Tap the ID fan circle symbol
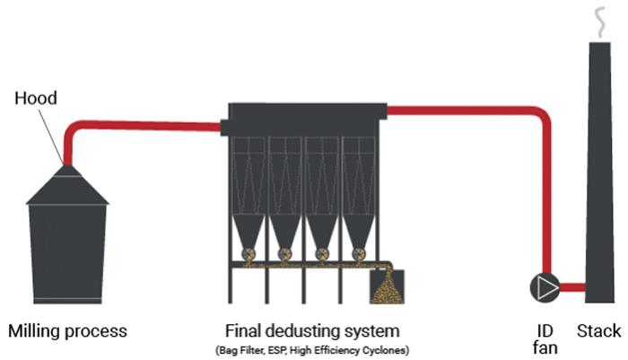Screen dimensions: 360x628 [545, 286]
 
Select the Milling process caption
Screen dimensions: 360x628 [68, 331]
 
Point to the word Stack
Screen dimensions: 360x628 [598, 331]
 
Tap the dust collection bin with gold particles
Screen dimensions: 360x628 [387, 286]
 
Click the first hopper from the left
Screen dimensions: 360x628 [249, 238]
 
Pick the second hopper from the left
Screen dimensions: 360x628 [285, 238]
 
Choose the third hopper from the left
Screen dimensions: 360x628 [323, 238]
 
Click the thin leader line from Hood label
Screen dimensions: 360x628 [53, 135]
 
